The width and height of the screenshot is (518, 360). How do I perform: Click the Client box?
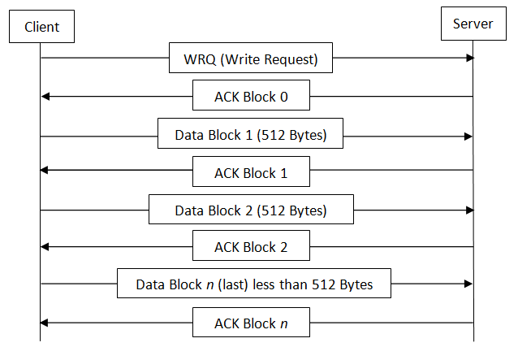click(x=41, y=27)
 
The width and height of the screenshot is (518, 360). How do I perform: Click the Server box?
click(x=473, y=24)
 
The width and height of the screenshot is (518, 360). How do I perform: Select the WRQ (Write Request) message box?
click(x=251, y=58)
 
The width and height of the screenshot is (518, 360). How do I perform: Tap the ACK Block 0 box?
click(x=251, y=95)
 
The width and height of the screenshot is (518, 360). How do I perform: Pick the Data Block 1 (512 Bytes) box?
click(x=250, y=133)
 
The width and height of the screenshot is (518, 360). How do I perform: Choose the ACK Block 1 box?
click(x=251, y=171)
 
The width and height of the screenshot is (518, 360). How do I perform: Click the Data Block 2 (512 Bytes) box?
click(x=251, y=210)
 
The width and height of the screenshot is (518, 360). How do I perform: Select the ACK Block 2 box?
click(x=251, y=245)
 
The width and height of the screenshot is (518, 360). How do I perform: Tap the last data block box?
click(x=254, y=284)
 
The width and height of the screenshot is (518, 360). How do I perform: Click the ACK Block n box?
click(x=251, y=323)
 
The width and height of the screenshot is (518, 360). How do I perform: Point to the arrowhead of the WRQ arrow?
click(x=470, y=59)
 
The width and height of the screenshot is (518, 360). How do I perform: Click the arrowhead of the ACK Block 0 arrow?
click(x=45, y=97)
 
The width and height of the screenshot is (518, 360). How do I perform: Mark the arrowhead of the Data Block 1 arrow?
click(x=468, y=137)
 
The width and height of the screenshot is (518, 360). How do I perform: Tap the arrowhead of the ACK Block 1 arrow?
click(x=45, y=170)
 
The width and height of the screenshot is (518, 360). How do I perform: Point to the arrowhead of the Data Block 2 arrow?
click(x=470, y=210)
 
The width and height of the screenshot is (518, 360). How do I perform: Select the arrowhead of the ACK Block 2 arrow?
click(x=45, y=247)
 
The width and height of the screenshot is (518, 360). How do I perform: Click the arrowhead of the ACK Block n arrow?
click(x=45, y=323)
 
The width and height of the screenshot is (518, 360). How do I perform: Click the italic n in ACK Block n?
click(x=284, y=324)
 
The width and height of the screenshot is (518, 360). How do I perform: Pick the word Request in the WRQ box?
click(x=291, y=60)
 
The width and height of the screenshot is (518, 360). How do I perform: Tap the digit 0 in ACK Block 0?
click(x=284, y=97)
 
